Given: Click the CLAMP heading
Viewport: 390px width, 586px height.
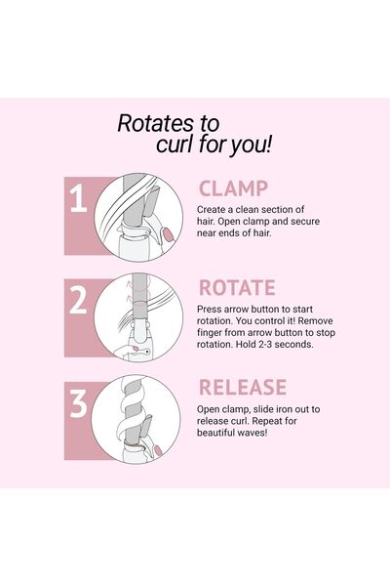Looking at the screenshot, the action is [233, 188].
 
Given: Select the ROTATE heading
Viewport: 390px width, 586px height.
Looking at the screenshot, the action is [237, 288].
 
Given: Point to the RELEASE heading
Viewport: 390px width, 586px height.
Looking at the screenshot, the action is [243, 387].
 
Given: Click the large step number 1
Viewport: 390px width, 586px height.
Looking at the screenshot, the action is [78, 199].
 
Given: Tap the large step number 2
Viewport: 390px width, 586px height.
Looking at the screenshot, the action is [78, 300].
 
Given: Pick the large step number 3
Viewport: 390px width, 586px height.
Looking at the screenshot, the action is [78, 403].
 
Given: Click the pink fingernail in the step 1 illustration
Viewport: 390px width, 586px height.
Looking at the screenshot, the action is [168, 234].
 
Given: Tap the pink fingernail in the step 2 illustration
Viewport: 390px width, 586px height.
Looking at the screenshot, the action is [135, 349].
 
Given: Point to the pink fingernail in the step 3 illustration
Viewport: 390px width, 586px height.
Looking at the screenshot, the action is [158, 450].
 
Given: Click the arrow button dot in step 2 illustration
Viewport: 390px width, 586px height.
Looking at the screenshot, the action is [147, 352].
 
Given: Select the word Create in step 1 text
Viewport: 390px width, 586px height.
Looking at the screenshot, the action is [211, 209].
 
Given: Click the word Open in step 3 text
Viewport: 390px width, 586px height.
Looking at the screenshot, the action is [208, 409].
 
